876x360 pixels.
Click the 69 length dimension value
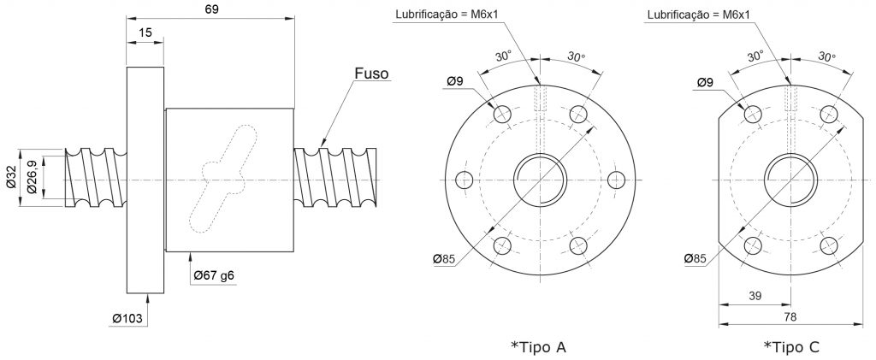pyautogui.click(x=211, y=9)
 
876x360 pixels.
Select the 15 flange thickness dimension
pyautogui.click(x=145, y=32)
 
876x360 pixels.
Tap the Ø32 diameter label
pyautogui.click(x=11, y=178)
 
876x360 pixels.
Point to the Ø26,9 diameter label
pyautogui.click(x=32, y=178)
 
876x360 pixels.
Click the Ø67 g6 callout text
pyautogui.click(x=215, y=274)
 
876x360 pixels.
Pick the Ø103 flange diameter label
pyautogui.click(x=127, y=318)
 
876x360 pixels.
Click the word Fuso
pyautogui.click(x=371, y=74)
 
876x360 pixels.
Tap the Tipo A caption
pyautogui.click(x=539, y=347)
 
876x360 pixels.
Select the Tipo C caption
pyautogui.click(x=791, y=347)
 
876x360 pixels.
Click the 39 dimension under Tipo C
pyautogui.click(x=755, y=296)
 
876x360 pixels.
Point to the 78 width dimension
pyautogui.click(x=790, y=316)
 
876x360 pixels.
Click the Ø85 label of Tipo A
pyautogui.click(x=444, y=258)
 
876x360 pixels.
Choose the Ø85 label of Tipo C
pyautogui.click(x=695, y=258)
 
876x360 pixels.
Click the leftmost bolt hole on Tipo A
pyautogui.click(x=465, y=180)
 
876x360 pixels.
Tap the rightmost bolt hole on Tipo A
pyautogui.click(x=616, y=180)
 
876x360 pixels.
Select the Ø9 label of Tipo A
pyautogui.click(x=455, y=82)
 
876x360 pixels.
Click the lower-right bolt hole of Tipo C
pyautogui.click(x=829, y=245)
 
